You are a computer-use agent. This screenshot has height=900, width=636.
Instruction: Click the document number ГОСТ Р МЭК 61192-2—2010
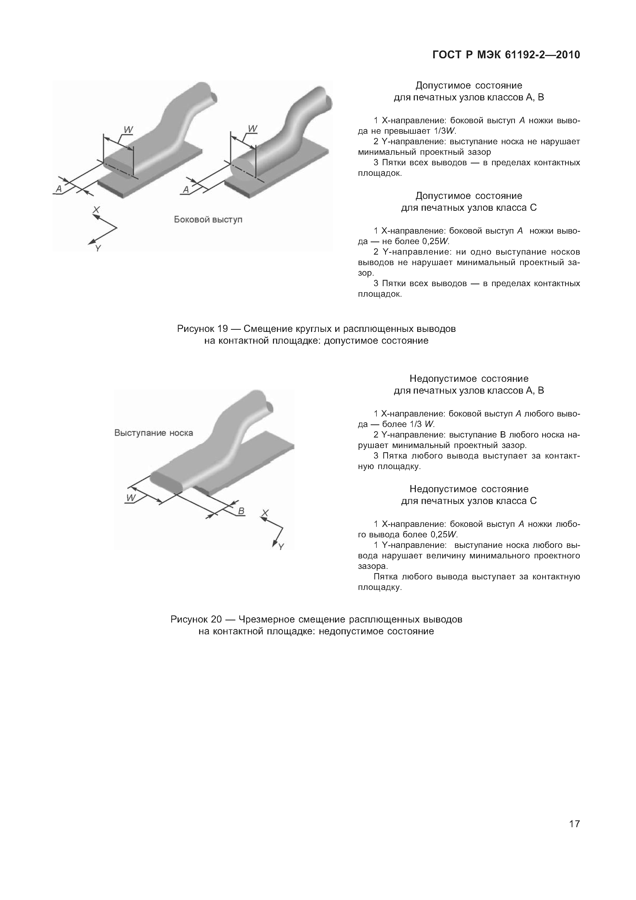506,55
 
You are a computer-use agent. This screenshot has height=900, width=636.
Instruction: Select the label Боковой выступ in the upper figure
208,219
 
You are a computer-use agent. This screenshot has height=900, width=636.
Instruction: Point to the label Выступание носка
154,433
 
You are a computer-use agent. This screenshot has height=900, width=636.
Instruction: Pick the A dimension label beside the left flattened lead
59,189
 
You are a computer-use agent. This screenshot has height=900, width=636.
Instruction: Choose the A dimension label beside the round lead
186,190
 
